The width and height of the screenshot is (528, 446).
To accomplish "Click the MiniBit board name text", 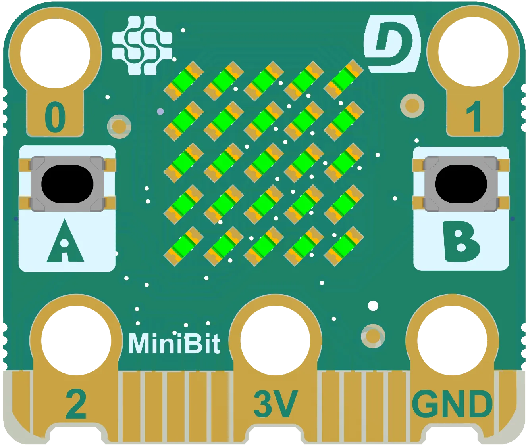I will point(174,344).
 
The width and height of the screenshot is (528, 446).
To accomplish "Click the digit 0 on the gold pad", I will point(55,118).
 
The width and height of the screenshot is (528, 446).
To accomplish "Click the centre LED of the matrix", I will point(264,163).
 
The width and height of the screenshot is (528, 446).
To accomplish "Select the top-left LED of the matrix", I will point(184,80).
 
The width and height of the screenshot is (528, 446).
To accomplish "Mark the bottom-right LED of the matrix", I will point(344,246).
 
